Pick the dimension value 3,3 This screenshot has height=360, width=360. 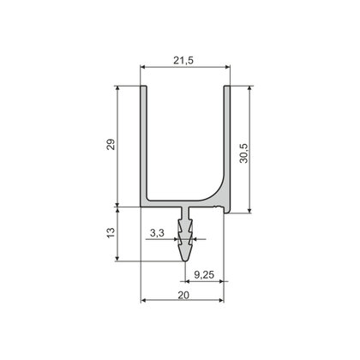pyautogui.click(x=157, y=231)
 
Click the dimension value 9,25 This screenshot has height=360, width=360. pyautogui.click(x=203, y=274)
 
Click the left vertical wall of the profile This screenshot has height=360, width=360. pyautogui.click(x=146, y=146)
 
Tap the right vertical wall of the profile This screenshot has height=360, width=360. pyautogui.click(x=227, y=137)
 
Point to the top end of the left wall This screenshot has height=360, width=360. pyautogui.click(x=146, y=87)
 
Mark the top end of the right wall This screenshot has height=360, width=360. pyautogui.click(x=227, y=87)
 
